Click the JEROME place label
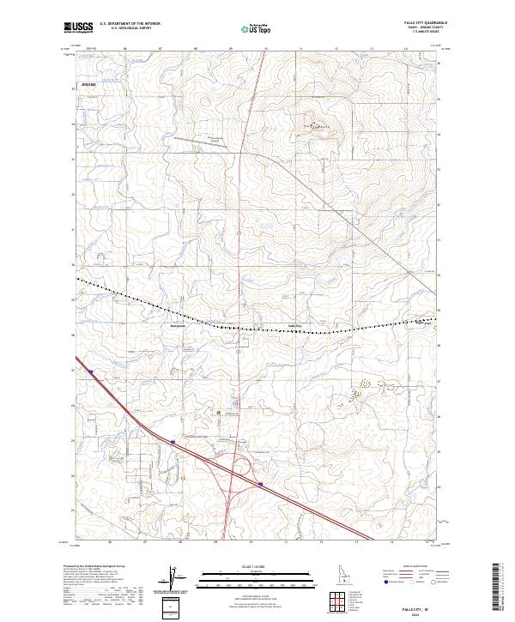pos(87,86)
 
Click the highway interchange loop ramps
pos(243,468)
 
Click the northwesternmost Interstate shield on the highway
pos(90,371)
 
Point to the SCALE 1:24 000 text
pos(254,565)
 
